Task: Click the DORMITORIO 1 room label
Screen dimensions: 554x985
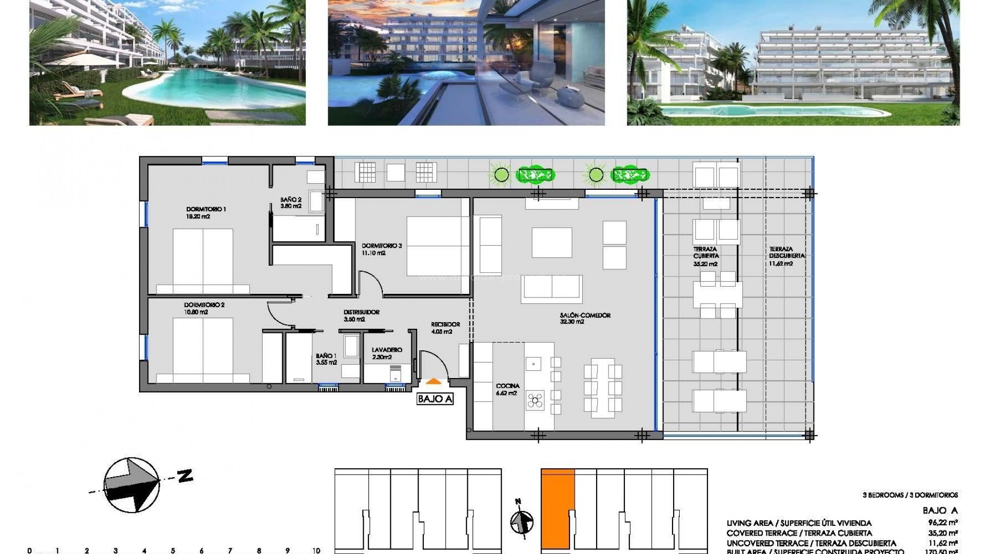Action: (x=205, y=209)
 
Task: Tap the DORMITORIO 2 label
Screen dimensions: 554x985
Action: (x=205, y=305)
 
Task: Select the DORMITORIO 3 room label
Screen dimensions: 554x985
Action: (x=381, y=246)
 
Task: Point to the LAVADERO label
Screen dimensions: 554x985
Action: (x=387, y=350)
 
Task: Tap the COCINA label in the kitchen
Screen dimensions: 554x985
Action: (x=507, y=386)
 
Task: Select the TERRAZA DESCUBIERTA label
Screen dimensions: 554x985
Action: (x=787, y=252)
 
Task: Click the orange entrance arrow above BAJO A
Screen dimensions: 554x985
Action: (x=434, y=381)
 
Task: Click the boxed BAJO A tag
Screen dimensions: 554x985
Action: (x=435, y=399)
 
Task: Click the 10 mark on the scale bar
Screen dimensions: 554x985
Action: (x=316, y=550)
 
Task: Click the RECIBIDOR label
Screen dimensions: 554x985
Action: (x=445, y=324)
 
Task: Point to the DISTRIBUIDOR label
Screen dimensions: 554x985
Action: (x=361, y=312)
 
